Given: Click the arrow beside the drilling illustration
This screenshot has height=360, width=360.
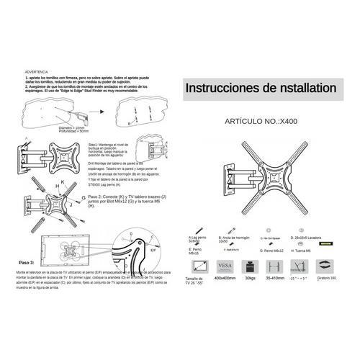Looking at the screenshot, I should coord(104,112).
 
